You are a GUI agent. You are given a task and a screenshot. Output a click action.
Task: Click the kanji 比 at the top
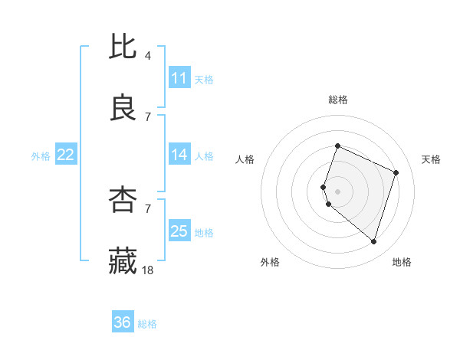[x=123, y=47]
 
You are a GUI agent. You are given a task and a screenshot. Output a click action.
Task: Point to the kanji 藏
[x=123, y=260]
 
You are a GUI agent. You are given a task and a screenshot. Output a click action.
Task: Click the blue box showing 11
[x=179, y=78]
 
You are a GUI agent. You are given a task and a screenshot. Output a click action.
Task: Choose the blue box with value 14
[x=179, y=155]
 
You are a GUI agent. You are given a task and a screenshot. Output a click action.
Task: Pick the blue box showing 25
[x=179, y=231]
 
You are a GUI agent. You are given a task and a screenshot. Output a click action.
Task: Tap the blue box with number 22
[x=66, y=155]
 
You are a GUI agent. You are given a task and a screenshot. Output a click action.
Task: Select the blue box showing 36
[x=123, y=322]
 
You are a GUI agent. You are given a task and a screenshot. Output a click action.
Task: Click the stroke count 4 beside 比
[x=148, y=56]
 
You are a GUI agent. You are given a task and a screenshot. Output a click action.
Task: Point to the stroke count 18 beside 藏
[x=149, y=270]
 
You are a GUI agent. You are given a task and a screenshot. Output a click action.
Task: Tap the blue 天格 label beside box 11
[x=204, y=79]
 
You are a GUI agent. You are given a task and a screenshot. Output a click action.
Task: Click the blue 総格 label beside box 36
[x=147, y=324]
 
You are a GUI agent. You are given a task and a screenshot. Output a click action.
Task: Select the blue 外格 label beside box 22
[x=41, y=156]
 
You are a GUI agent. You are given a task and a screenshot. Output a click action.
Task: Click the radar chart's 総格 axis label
[x=338, y=100]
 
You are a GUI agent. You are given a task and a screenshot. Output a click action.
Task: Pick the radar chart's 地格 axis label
[x=402, y=262]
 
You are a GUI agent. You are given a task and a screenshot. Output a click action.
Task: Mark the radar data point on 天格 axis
[x=396, y=172]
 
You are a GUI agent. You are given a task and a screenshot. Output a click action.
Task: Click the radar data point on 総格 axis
[x=337, y=146]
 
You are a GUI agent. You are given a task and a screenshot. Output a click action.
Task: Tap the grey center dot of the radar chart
[x=337, y=191]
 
